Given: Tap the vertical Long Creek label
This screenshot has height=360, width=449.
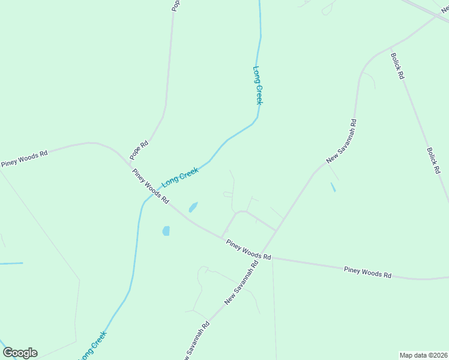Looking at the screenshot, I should coord(258,85).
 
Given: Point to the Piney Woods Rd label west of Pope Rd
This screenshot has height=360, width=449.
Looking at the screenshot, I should coord(24,159).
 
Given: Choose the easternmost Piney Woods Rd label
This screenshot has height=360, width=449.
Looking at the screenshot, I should coord(367,272).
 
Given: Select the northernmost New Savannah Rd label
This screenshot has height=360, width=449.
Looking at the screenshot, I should coord(342,142).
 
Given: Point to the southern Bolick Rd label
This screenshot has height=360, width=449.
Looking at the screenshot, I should coord(433,161).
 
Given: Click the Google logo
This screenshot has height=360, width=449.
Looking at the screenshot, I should coord(20,353).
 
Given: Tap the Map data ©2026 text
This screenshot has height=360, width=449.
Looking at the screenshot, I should coord(423,355).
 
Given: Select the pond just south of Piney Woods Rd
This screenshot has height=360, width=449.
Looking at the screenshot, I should coord(166,231).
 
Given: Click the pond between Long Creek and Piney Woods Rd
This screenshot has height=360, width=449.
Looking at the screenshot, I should coord(193,208).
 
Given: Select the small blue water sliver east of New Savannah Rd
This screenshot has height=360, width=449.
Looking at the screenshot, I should coord(333,187).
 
